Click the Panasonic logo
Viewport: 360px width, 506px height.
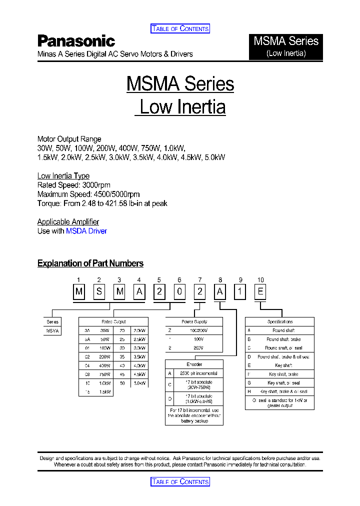pyautogui.click(x=76, y=41)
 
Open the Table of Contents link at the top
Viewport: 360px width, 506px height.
pyautogui.click(x=180, y=28)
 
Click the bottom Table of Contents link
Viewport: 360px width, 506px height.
pyautogui.click(x=180, y=481)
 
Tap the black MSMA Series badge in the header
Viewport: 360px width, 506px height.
pyautogui.click(x=286, y=46)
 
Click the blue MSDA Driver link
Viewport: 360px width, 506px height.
pyautogui.click(x=86, y=231)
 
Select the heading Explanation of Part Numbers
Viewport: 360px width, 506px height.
pyautogui.click(x=90, y=263)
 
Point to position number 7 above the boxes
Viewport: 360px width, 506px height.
pyautogui.click(x=200, y=280)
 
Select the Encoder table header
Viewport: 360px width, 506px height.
pyautogui.click(x=194, y=364)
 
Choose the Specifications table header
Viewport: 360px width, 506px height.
pyautogui.click(x=280, y=322)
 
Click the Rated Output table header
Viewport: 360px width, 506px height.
pyautogui.click(x=113, y=322)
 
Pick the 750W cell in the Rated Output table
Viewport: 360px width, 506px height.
pyautogui.click(x=104, y=374)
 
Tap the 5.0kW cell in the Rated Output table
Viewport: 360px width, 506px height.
pyautogui.click(x=139, y=383)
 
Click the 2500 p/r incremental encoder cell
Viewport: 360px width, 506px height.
pyautogui.click(x=199, y=373)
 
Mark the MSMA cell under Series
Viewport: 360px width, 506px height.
pyautogui.click(x=52, y=330)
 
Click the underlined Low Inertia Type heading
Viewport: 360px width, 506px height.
pyautogui.click(x=63, y=175)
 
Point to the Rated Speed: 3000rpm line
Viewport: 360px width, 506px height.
pyautogui.click(x=74, y=185)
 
